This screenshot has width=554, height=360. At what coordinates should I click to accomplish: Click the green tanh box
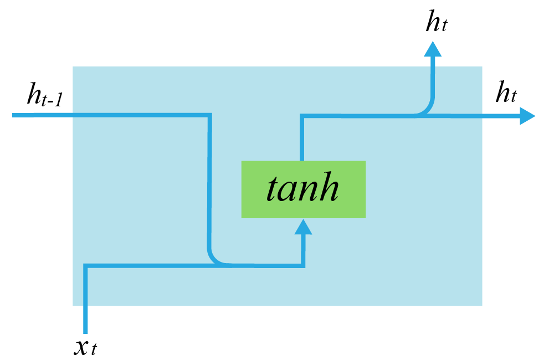303,189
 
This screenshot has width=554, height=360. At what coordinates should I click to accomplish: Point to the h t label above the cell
436,23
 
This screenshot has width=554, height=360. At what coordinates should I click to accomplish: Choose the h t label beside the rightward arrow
506,92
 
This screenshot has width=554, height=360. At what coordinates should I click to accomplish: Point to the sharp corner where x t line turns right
85,266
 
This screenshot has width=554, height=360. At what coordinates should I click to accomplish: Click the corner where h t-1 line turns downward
209,116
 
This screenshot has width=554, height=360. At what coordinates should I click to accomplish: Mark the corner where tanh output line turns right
301,116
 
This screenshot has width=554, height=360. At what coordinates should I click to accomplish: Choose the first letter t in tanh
273,189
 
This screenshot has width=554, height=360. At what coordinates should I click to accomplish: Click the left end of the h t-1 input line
14,115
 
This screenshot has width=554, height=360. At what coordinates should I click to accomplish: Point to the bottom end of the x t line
85,332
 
